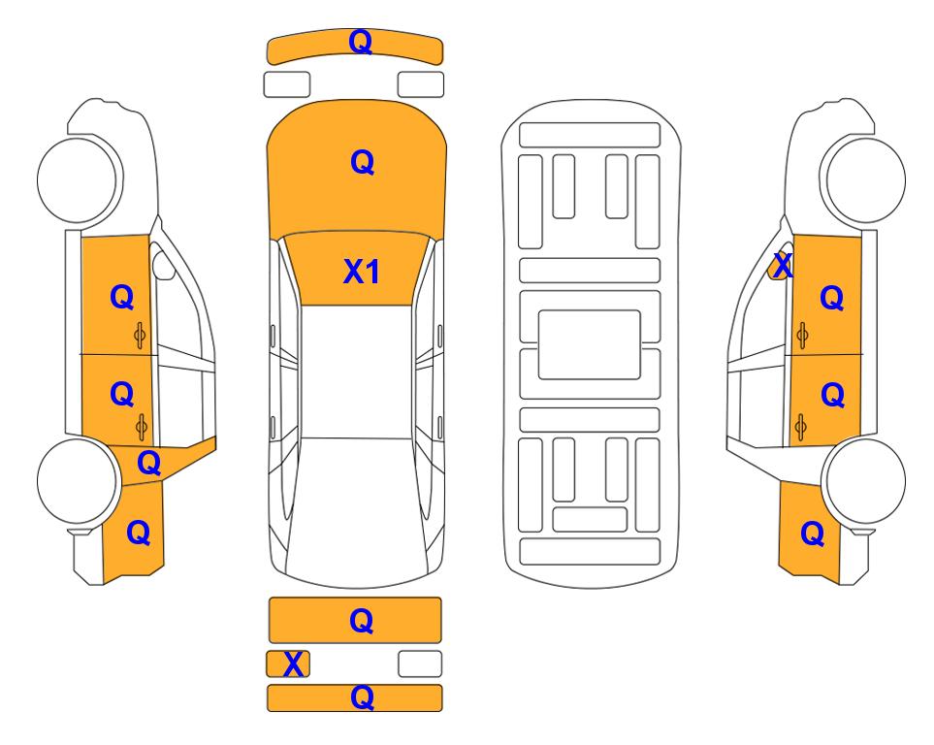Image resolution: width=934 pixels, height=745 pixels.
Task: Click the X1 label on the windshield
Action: tap(362, 272)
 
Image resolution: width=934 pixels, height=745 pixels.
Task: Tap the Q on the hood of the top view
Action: tap(362, 162)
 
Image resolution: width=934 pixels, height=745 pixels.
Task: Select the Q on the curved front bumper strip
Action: tap(361, 42)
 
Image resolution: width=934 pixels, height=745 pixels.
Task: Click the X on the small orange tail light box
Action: tap(293, 664)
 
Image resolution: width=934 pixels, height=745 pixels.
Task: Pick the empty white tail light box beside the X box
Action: tap(420, 664)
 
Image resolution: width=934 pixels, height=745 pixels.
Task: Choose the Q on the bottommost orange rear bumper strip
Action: tap(362, 696)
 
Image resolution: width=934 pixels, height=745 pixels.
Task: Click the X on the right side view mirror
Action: tap(782, 265)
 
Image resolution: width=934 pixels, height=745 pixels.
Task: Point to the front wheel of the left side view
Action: tap(78, 180)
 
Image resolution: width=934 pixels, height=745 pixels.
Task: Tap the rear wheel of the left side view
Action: tap(78, 481)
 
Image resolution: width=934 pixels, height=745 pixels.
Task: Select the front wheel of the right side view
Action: tap(865, 180)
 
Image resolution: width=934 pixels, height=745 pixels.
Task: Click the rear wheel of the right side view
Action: tap(865, 481)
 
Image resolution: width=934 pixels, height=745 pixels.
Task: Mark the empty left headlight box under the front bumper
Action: tap(287, 84)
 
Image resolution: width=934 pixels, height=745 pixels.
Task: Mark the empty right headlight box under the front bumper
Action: tap(421, 84)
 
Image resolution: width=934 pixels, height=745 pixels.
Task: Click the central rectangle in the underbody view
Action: tap(589, 344)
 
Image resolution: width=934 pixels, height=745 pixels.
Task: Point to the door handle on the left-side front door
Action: tap(140, 336)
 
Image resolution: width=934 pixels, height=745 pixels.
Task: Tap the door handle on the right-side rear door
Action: tap(801, 427)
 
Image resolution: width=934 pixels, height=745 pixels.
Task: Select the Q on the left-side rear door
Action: tap(122, 394)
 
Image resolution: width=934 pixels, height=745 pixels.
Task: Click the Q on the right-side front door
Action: tap(832, 298)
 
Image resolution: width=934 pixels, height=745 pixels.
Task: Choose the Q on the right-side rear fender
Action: tap(813, 534)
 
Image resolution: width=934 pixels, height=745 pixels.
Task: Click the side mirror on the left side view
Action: tap(163, 265)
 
